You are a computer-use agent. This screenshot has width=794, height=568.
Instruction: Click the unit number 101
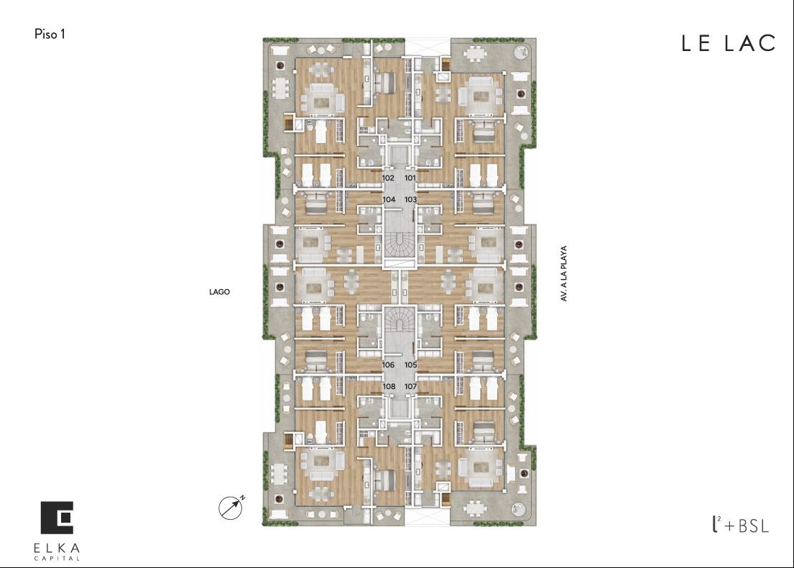tap(410, 178)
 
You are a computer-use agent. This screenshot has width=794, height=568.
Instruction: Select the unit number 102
tap(389, 178)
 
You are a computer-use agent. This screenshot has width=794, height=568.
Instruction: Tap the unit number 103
tap(410, 199)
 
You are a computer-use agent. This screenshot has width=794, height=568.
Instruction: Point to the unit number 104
tap(389, 199)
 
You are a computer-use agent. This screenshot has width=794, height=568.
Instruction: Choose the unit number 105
tap(411, 365)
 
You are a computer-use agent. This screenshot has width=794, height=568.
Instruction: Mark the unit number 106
tap(389, 365)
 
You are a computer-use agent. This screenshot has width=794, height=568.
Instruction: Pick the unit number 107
tap(411, 386)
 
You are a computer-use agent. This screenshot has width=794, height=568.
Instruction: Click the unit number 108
tap(389, 386)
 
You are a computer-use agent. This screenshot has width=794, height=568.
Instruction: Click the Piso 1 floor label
tap(50, 34)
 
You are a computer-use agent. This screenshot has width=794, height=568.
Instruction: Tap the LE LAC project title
tap(728, 43)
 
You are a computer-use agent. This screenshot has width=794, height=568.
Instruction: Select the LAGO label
tap(219, 292)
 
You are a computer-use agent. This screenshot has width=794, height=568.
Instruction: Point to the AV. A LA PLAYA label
tap(563, 274)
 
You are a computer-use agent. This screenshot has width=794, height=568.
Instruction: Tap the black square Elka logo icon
tap(57, 518)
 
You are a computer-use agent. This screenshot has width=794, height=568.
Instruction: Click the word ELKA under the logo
tap(57, 548)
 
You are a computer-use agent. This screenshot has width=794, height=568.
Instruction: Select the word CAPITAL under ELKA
tap(57, 559)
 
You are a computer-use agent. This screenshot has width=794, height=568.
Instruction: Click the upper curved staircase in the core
tap(400, 243)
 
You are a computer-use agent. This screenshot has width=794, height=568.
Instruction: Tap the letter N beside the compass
tap(243, 498)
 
